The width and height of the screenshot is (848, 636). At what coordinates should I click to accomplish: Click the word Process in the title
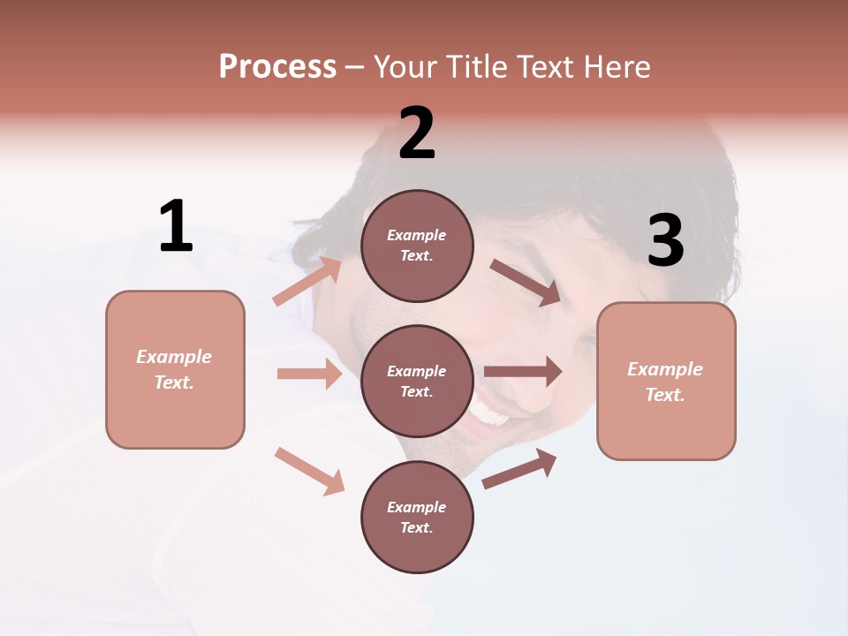(x=277, y=66)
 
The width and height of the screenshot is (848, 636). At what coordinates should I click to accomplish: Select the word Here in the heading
(x=615, y=66)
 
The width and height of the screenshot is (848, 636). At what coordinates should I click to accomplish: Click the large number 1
(x=176, y=226)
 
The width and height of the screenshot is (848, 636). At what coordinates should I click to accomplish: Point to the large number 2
(x=417, y=133)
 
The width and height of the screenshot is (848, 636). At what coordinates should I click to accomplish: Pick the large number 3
(x=665, y=241)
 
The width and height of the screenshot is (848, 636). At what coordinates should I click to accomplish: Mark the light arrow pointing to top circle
(x=307, y=282)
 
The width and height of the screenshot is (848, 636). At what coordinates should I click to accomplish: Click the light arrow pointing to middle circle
(x=309, y=374)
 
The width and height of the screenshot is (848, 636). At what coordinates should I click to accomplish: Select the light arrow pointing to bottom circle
(x=309, y=471)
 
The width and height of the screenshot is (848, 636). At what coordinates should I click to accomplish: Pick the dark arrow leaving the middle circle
(x=523, y=372)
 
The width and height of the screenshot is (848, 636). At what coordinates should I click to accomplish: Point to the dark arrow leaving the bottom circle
(x=519, y=468)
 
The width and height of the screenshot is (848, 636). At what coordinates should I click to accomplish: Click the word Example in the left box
(x=174, y=357)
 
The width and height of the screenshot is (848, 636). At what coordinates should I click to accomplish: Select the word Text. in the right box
(x=665, y=395)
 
